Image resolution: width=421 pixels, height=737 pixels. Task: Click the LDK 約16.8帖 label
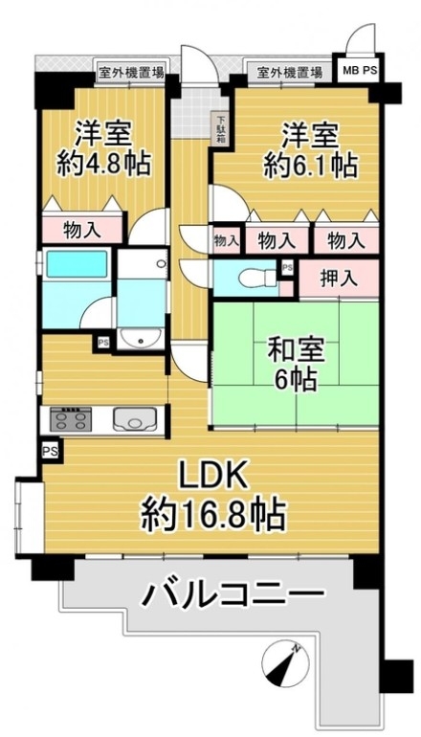coord(213,500)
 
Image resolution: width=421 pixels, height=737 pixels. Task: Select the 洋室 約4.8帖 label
coord(104,148)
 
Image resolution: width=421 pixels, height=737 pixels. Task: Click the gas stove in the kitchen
coord(71,419)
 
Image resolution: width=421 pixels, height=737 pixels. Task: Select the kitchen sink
coord(135,418)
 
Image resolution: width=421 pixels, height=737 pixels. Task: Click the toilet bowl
coord(256,278)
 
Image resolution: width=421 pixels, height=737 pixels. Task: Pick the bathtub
coord(77,264)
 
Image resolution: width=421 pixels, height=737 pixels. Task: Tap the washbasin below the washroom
coord(141,339)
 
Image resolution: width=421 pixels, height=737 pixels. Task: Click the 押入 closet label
coord(339,279)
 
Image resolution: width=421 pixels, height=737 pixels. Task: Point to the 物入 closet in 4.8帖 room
coord(81,231)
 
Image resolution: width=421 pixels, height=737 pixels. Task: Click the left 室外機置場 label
coord(131,73)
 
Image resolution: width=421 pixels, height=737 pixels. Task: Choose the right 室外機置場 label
coord(291,73)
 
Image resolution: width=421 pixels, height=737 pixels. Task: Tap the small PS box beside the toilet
coord(287,267)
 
